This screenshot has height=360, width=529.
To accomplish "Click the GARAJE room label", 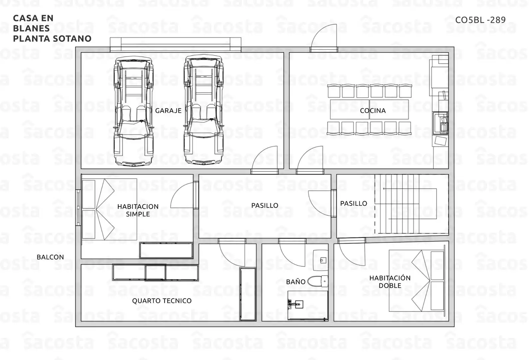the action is point(168,111).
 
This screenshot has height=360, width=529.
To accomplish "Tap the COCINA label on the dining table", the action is point(373,111).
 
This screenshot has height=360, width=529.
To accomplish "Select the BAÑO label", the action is point(296,282).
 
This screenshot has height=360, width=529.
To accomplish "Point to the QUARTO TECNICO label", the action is point(162,301).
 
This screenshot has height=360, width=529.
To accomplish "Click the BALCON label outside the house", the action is point(50,257).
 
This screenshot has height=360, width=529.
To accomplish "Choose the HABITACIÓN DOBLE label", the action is point(390,282).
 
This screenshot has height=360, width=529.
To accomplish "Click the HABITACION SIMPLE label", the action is point(138,210).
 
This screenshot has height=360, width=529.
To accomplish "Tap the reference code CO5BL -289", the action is point(480,20).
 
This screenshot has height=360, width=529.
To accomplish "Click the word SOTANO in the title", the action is point(76,39).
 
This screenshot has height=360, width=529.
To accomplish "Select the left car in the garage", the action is point(133,111).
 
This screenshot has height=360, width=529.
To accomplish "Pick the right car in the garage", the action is point(203,110).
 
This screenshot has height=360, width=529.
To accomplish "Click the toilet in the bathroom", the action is point(318,281).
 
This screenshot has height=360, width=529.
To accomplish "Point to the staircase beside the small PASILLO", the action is point(406,204).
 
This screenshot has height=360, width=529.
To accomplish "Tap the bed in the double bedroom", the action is point(417,281).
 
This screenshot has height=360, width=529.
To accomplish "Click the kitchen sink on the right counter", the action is point(440,123).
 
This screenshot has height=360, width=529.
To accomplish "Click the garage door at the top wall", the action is point(176,44).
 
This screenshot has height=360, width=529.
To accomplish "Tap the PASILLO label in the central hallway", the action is point(264,205).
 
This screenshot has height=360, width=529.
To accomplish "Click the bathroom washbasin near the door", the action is point(320,260).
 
